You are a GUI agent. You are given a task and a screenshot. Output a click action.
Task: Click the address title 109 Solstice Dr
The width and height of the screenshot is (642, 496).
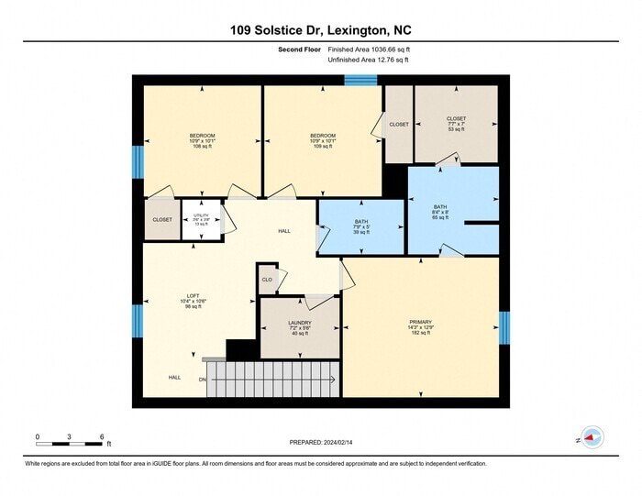click(320, 29)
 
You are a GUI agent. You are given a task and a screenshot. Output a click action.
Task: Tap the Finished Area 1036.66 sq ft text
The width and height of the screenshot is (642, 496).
click(368, 50)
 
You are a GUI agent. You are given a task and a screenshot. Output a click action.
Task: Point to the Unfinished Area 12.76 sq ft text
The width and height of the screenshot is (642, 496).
click(368, 60)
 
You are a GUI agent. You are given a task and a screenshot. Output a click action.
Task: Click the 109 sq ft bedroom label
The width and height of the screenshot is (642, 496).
click(322, 140)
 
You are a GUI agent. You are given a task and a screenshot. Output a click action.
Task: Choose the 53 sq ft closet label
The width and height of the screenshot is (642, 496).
click(456, 124)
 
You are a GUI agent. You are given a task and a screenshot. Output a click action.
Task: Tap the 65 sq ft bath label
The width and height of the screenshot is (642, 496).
click(440, 212)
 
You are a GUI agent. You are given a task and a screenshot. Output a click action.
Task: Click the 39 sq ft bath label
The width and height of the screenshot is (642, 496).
click(361, 227)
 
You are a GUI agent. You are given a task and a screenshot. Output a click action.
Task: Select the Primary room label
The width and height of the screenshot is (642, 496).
click(421, 326)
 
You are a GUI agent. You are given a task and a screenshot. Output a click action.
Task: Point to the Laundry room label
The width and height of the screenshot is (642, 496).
click(300, 327)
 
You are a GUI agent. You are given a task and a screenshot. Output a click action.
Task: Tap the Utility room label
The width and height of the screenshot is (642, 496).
click(201, 219)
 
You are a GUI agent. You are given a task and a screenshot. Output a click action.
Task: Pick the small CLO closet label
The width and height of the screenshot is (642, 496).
click(267, 280)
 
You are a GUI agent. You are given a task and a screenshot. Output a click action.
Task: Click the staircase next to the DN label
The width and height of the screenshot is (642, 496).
click(272, 379)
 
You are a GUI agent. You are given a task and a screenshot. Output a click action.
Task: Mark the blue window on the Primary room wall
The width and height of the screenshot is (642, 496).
click(504, 327)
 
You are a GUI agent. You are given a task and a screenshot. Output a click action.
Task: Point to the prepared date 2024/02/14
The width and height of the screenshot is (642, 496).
click(321, 443)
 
